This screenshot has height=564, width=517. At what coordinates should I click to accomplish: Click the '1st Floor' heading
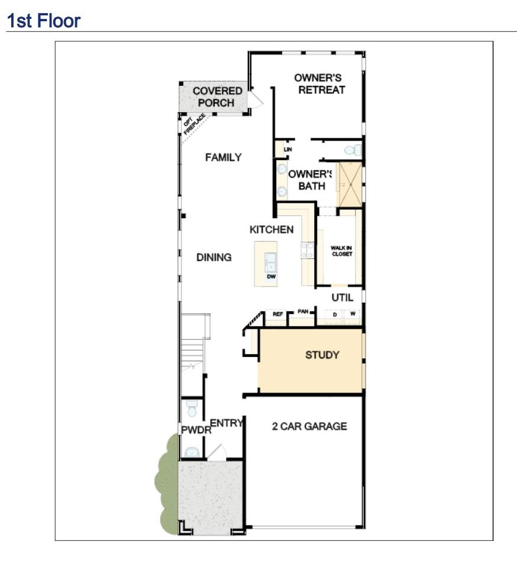tap(43, 21)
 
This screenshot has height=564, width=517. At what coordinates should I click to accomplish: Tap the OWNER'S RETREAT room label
tap(321, 84)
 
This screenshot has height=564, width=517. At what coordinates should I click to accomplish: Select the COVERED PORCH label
tap(217, 97)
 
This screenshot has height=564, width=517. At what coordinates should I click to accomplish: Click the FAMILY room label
tap(223, 157)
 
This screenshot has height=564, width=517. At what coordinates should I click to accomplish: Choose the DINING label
tap(214, 258)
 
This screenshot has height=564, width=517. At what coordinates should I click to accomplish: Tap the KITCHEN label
tap(271, 229)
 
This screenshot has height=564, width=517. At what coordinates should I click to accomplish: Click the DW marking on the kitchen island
tap(271, 277)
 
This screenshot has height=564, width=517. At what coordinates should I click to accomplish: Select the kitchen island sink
tap(271, 260)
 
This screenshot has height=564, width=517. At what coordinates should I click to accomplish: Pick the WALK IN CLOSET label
tap(341, 251)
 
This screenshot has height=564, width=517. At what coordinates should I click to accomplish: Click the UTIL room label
tap(342, 298)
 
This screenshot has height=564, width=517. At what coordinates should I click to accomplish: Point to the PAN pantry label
tap(303, 311)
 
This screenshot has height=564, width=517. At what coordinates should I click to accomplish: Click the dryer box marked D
tap(335, 315)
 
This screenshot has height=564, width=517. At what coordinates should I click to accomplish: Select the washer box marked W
tap(353, 315)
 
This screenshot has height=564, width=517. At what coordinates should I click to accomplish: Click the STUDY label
tap(322, 355)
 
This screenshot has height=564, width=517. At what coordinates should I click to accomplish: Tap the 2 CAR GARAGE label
tap(309, 426)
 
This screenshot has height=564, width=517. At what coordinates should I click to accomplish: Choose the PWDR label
tap(196, 430)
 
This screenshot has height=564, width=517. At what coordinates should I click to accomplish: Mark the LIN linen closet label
tap(287, 150)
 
